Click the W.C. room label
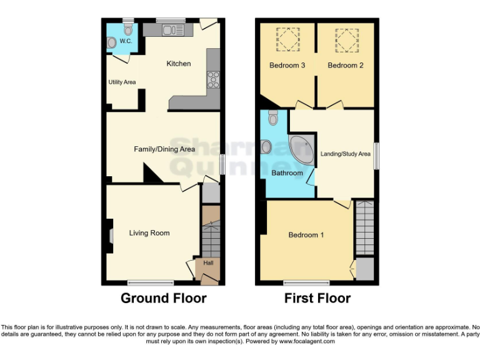pyautogui.click(x=126, y=41)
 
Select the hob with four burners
pyautogui.click(x=213, y=79)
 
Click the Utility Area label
pyautogui.click(x=122, y=82)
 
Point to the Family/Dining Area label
pyautogui.click(x=164, y=149)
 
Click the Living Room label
pyautogui.click(x=149, y=233)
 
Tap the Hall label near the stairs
pyautogui.click(x=208, y=262)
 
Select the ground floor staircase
pyautogui.click(x=211, y=235)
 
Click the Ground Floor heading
pyautogui.click(x=163, y=298)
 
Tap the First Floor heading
pyautogui.click(x=317, y=298)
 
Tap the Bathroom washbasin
pyautogui.click(x=267, y=147)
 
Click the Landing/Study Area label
pyautogui.click(x=346, y=154)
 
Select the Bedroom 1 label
pyautogui.click(x=306, y=235)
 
